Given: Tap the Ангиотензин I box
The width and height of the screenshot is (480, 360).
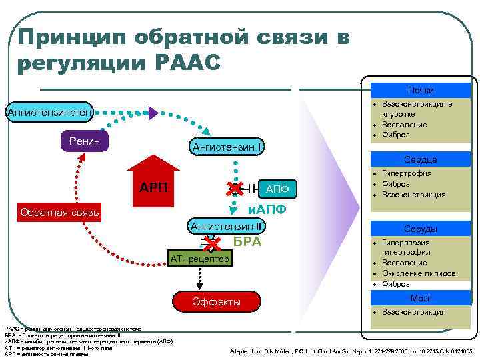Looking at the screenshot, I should [x=227, y=147].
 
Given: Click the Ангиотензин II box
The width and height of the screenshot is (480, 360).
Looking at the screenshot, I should [x=227, y=226].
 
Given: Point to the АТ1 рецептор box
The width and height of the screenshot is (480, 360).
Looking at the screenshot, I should [x=199, y=257].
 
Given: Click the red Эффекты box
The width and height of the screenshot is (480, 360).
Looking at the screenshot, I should [x=216, y=302].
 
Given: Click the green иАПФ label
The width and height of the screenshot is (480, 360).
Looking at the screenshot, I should [x=267, y=210].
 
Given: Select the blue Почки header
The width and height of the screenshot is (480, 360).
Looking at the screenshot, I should [x=421, y=90].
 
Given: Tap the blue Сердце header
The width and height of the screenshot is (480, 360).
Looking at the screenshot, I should [x=421, y=160].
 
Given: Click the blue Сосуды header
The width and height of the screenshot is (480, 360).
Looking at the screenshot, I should [x=421, y=229].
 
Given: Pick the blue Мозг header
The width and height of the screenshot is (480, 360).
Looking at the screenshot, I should [x=421, y=298].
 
